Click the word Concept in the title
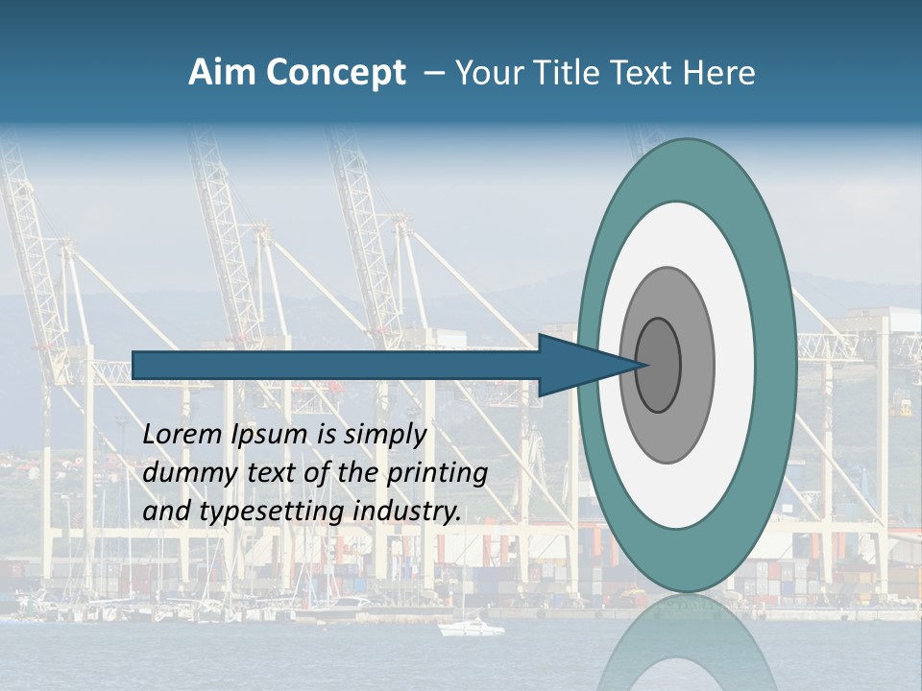click(x=335, y=73)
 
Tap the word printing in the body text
click(x=437, y=474)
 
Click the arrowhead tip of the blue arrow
click(x=642, y=365)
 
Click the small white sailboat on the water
click(x=471, y=628)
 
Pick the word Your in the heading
click(x=490, y=73)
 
